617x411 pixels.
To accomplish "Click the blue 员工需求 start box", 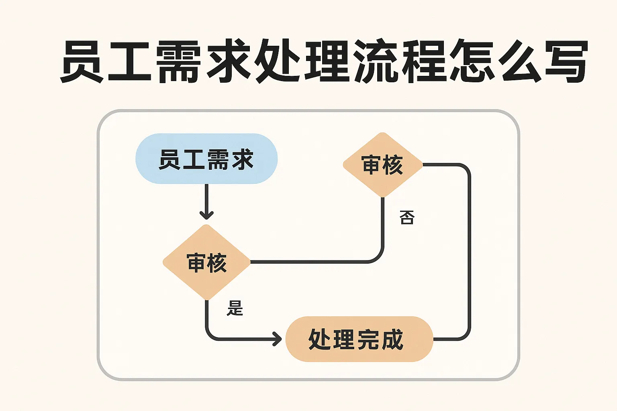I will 206,159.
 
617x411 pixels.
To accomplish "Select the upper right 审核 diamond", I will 383,165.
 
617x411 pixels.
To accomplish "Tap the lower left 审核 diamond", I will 206,262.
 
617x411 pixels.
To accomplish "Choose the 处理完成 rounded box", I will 359,339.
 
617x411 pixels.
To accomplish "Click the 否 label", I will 407,217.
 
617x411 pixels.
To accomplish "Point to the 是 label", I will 235,308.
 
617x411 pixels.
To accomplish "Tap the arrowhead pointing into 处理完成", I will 277,339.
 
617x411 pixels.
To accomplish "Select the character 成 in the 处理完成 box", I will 392,340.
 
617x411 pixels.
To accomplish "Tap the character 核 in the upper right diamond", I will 393,165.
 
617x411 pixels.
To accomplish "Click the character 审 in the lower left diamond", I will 196,263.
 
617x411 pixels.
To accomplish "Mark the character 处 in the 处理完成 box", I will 319,340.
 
